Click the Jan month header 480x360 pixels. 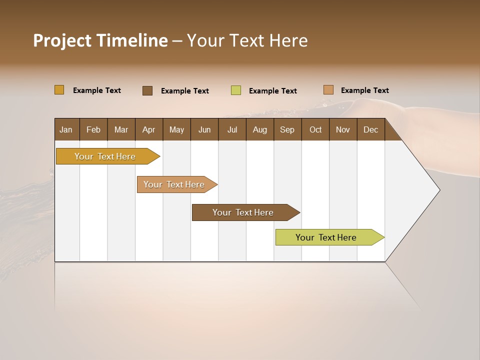coord(66,129)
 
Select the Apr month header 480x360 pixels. coord(149,129)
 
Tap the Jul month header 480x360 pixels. coord(232,129)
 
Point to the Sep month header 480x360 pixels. coord(287,129)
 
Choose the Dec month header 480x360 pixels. coord(370,129)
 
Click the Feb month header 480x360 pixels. coord(93,129)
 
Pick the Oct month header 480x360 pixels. coord(315,129)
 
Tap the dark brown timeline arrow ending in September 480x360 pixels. coord(243,212)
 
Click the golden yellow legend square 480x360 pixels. coord(59,90)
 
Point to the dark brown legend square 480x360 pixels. coord(147,90)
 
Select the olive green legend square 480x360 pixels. coord(236,90)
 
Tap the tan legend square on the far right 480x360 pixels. coord(328,90)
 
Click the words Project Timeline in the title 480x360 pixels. coord(100,40)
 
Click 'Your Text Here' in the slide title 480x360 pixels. coord(247,40)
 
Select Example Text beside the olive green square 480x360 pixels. coord(273,91)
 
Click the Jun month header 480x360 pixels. coord(204,129)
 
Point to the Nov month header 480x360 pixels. coord(343,129)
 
